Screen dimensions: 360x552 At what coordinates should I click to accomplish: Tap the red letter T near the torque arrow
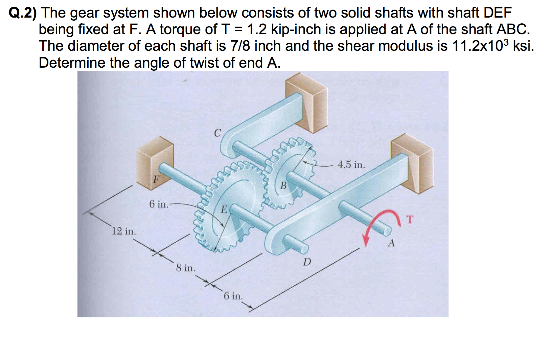410,219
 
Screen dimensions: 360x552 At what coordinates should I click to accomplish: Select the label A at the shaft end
391,243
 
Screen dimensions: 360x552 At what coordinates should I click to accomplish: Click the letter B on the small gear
283,186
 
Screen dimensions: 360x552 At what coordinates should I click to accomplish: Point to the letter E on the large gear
224,209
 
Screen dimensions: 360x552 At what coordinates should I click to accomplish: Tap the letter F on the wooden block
155,179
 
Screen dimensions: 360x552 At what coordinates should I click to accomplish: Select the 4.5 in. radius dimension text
351,165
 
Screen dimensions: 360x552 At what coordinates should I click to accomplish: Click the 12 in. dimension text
124,231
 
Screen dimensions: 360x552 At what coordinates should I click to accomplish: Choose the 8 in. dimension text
185,268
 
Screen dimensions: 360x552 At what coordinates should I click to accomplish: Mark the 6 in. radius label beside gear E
159,204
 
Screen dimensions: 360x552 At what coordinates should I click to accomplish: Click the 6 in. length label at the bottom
233,296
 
